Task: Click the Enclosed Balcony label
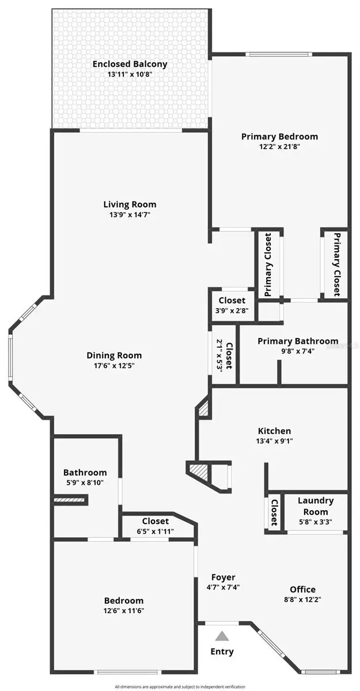coord(130,64)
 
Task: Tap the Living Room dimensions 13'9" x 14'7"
coord(130,215)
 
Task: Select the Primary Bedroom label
coord(279,136)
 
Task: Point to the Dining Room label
coord(114,355)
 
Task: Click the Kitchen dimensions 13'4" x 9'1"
coord(274,441)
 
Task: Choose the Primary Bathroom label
coord(298,341)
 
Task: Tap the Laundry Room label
coord(316,506)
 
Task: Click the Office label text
coord(302,589)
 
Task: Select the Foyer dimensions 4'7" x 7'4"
coord(223,587)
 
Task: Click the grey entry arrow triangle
coord(222,636)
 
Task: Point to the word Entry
coord(222,652)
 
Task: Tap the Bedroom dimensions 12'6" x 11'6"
coord(124,611)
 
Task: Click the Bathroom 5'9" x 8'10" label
coord(85,477)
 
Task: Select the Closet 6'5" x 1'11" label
coord(155,526)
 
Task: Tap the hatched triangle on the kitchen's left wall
coord(203,409)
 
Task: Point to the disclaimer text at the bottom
coord(180,686)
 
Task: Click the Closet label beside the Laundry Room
coord(275,512)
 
